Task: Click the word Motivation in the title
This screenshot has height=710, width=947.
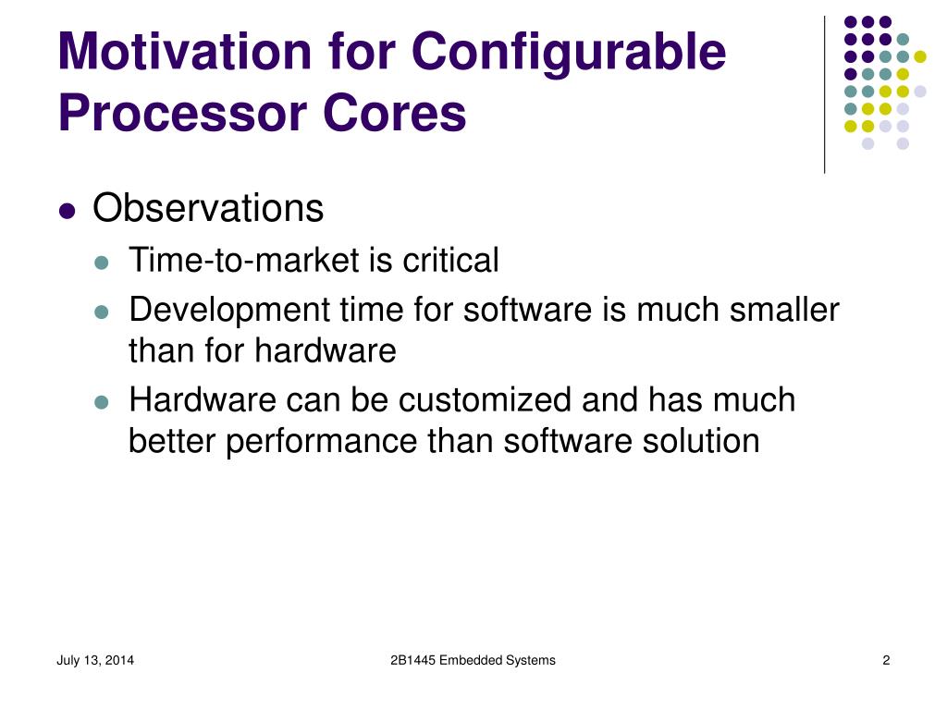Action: click(x=184, y=52)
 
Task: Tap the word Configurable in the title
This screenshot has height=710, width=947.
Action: click(x=569, y=54)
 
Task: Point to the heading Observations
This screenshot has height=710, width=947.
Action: click(x=208, y=209)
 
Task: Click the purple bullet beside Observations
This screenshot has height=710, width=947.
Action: click(x=66, y=211)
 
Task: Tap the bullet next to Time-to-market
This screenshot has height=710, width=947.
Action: click(x=103, y=263)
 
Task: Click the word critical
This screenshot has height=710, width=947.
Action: click(x=450, y=261)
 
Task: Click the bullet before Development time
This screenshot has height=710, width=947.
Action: click(x=103, y=312)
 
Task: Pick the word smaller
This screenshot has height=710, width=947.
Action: click(x=784, y=309)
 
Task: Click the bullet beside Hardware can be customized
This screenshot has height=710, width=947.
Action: click(x=103, y=402)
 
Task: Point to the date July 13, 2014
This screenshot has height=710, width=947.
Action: click(x=95, y=660)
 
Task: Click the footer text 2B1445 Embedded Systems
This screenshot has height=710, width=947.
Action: click(x=473, y=660)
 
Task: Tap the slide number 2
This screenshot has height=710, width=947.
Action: click(x=886, y=660)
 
